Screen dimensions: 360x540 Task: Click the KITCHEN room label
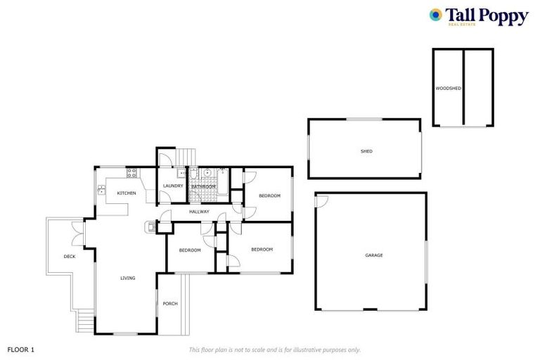pyautogui.click(x=127, y=193)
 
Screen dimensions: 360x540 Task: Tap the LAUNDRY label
pyautogui.click(x=173, y=186)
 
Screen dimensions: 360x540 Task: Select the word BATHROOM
pyautogui.click(x=203, y=186)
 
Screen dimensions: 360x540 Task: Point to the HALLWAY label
pyautogui.click(x=199, y=212)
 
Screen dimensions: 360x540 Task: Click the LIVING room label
pyautogui.click(x=127, y=278)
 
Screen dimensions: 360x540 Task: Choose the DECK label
pyautogui.click(x=69, y=257)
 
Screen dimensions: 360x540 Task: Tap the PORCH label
pyautogui.click(x=169, y=304)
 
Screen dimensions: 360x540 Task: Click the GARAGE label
pyautogui.click(x=373, y=255)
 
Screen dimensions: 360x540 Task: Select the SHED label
pyautogui.click(x=366, y=151)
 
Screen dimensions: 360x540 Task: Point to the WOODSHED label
pyautogui.click(x=448, y=89)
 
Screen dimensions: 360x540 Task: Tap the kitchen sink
pyautogui.click(x=101, y=190)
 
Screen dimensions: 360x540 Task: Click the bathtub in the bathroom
pyautogui.click(x=221, y=181)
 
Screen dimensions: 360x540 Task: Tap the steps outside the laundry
pyautogui.click(x=185, y=156)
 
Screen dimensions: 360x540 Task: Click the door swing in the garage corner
pyautogui.click(x=321, y=202)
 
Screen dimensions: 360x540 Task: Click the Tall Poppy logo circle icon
pyautogui.click(x=436, y=15)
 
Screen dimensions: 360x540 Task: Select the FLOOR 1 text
pyautogui.click(x=20, y=349)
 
